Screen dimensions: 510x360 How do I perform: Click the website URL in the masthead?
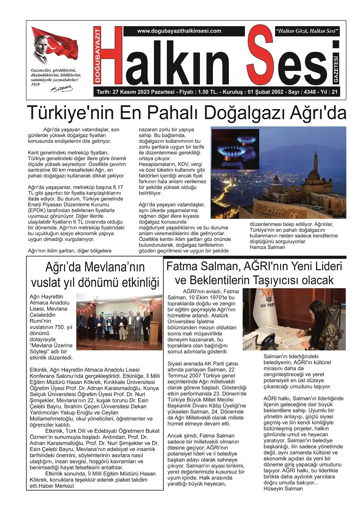(x=179, y=31)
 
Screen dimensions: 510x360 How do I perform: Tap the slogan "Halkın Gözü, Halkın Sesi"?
(x=307, y=31)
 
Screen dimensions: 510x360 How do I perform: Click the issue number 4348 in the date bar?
(x=310, y=92)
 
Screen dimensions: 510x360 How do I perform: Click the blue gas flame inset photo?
(x=235, y=149)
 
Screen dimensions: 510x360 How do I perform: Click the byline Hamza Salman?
(x=267, y=247)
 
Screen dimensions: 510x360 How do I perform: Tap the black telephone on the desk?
(x=269, y=342)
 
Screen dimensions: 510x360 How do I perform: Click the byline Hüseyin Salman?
(x=283, y=489)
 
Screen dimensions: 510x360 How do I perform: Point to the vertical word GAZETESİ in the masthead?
(x=336, y=69)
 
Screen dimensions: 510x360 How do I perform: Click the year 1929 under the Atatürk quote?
(x=35, y=85)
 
